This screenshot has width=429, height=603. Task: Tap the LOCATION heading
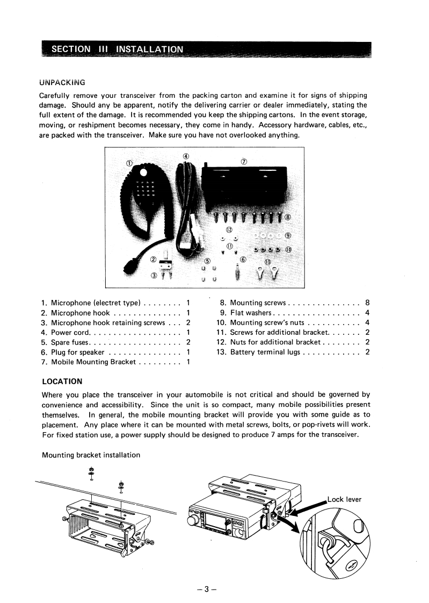click(x=62, y=382)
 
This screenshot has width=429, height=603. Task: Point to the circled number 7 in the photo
click(x=243, y=161)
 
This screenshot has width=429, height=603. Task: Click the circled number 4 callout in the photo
click(x=186, y=156)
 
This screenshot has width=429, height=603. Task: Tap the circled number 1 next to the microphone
click(x=129, y=163)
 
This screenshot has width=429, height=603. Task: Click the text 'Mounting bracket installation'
click(x=91, y=455)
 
